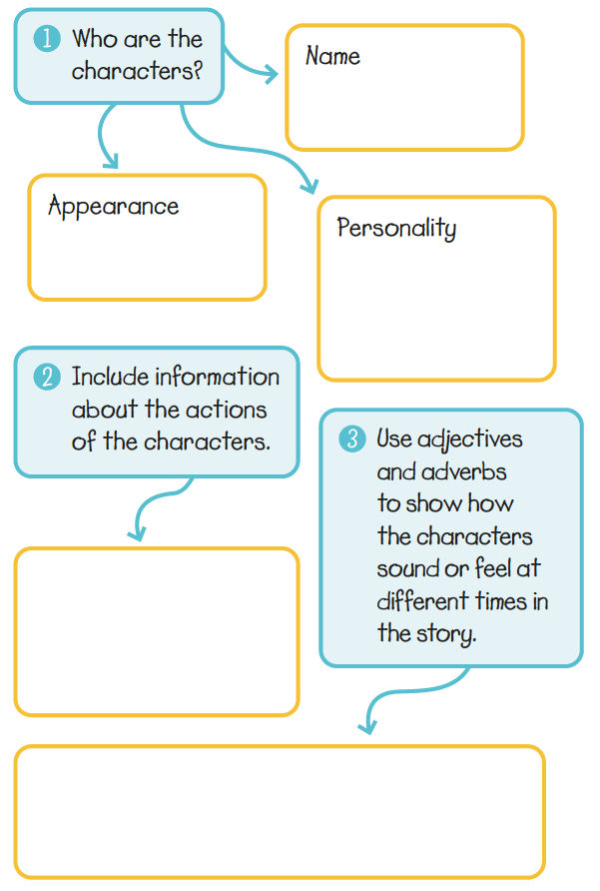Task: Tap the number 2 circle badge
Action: [46, 377]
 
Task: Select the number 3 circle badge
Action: [352, 439]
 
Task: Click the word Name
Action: [332, 56]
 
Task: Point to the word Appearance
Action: [113, 207]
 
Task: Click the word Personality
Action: [396, 228]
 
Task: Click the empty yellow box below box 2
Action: [156, 631]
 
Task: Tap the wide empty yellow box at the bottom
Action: [280, 811]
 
